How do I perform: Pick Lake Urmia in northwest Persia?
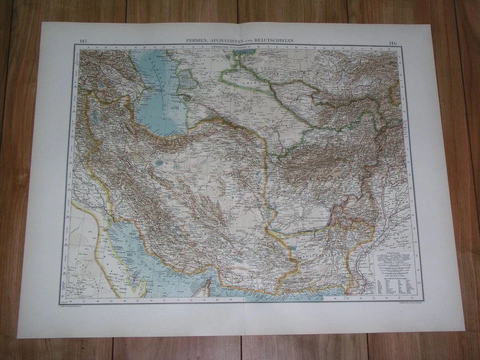coord(95,116)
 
